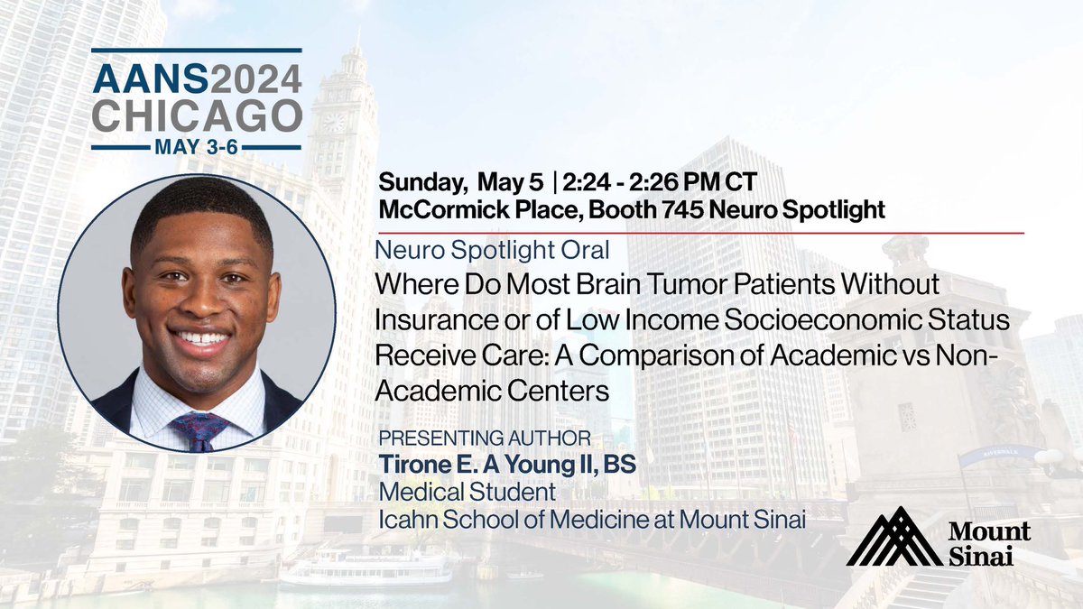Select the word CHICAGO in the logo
coord(198,116)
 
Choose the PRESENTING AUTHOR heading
coord(486,438)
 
